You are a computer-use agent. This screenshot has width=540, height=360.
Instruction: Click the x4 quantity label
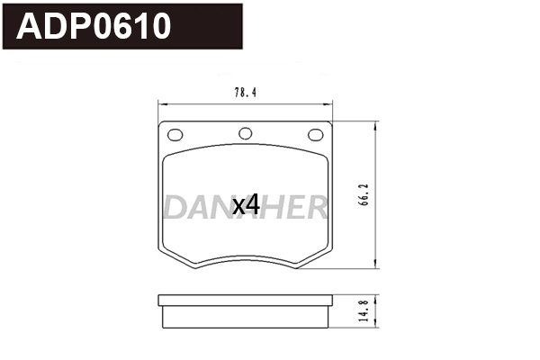[x=246, y=205]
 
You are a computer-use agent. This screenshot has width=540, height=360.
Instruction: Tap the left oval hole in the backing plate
[x=175, y=135]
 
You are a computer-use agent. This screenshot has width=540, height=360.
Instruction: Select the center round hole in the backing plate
[x=245, y=135]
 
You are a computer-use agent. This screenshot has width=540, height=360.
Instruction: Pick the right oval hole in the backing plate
[x=315, y=135]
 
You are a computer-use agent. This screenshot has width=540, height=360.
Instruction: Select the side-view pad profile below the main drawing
[x=245, y=312]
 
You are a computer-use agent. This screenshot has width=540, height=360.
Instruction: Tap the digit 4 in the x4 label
[x=253, y=205]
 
